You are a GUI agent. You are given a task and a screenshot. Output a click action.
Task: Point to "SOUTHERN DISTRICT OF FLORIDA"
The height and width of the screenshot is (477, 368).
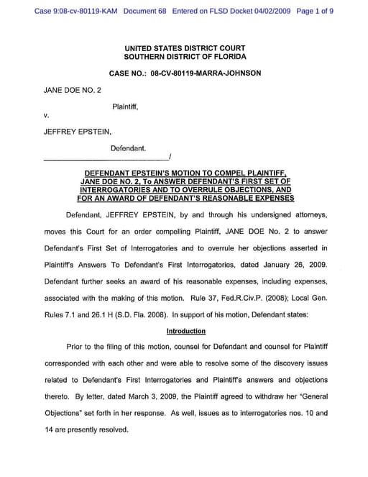click(x=185, y=56)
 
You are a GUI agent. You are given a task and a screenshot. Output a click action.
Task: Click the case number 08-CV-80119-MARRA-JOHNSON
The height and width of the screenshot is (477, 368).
click(x=206, y=73)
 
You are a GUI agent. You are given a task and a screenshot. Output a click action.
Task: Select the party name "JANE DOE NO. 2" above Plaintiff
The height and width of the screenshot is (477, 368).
click(x=73, y=90)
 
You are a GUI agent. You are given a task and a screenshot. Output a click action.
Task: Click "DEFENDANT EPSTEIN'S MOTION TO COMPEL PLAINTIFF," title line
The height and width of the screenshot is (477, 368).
click(x=185, y=173)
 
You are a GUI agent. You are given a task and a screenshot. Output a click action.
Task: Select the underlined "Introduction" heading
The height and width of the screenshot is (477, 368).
click(x=185, y=332)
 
